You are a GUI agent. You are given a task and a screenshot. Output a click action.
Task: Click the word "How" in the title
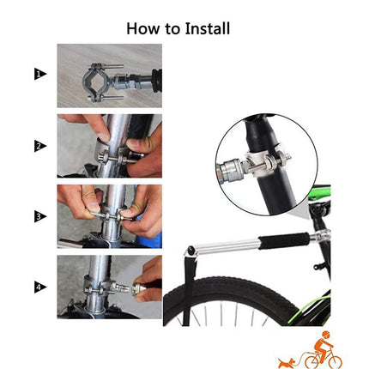click(143, 27)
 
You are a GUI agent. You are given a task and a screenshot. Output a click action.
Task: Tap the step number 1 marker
click(39, 76)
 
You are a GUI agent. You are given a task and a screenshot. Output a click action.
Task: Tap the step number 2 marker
click(39, 146)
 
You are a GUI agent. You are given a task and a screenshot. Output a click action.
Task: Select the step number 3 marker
click(39, 216)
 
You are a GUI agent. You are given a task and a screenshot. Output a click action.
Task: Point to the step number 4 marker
click(39, 287)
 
